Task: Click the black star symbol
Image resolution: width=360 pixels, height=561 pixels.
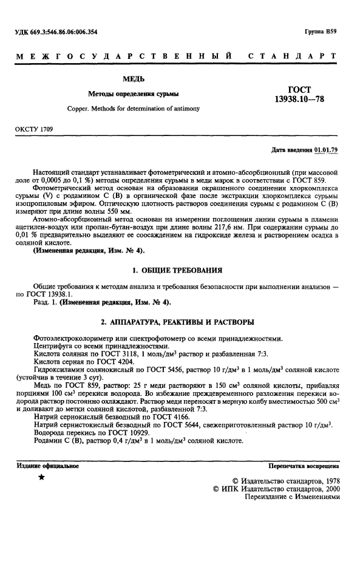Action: point(41,478)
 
